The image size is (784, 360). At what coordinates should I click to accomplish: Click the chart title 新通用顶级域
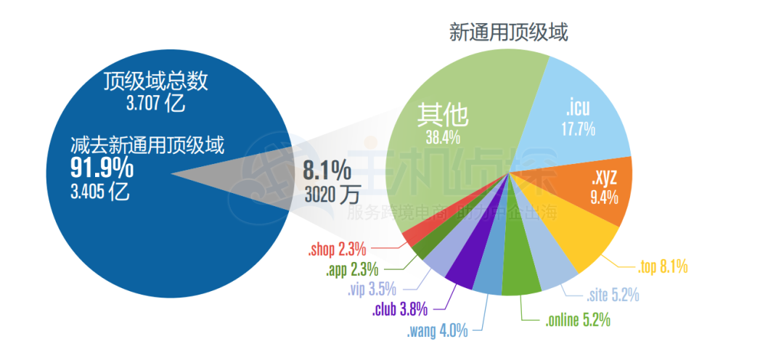tap(508, 33)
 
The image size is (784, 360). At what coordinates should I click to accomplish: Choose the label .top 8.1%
tap(663, 268)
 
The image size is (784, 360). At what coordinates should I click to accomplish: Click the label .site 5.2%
tap(613, 295)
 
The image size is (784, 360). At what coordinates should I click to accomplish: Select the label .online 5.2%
tap(577, 319)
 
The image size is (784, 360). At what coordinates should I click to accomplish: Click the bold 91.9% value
tap(102, 168)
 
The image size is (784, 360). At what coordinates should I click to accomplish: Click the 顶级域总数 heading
tap(156, 81)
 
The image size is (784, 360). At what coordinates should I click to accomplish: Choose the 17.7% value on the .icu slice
tap(579, 130)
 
